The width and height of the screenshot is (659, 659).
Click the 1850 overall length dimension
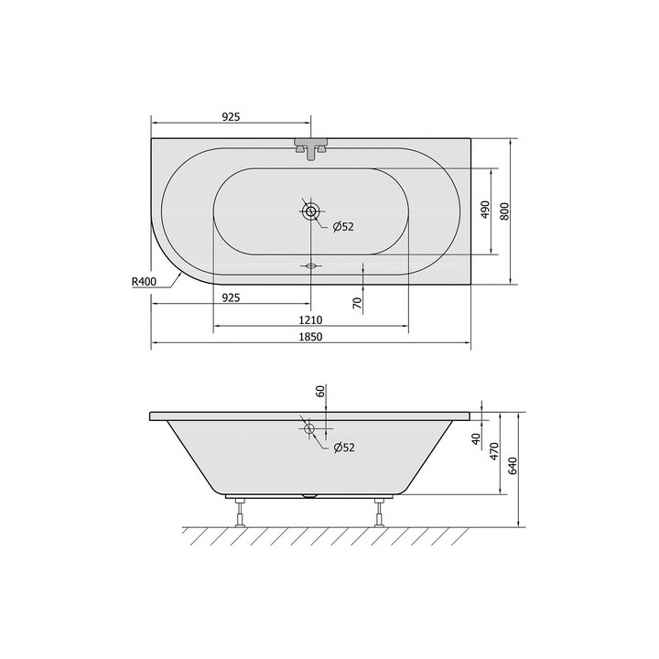click(x=310, y=337)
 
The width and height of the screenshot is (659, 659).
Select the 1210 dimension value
click(x=310, y=320)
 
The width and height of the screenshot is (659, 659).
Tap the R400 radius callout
click(x=144, y=282)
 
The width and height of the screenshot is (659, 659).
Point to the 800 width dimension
click(x=504, y=211)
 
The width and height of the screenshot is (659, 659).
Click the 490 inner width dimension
click(x=485, y=210)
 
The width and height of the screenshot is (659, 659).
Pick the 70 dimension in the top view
click(x=357, y=303)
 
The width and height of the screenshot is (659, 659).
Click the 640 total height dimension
click(x=513, y=466)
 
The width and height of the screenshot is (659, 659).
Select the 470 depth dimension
click(x=494, y=451)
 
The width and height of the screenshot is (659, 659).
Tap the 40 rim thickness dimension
click(x=476, y=439)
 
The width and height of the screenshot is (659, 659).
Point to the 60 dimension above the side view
click(x=320, y=392)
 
